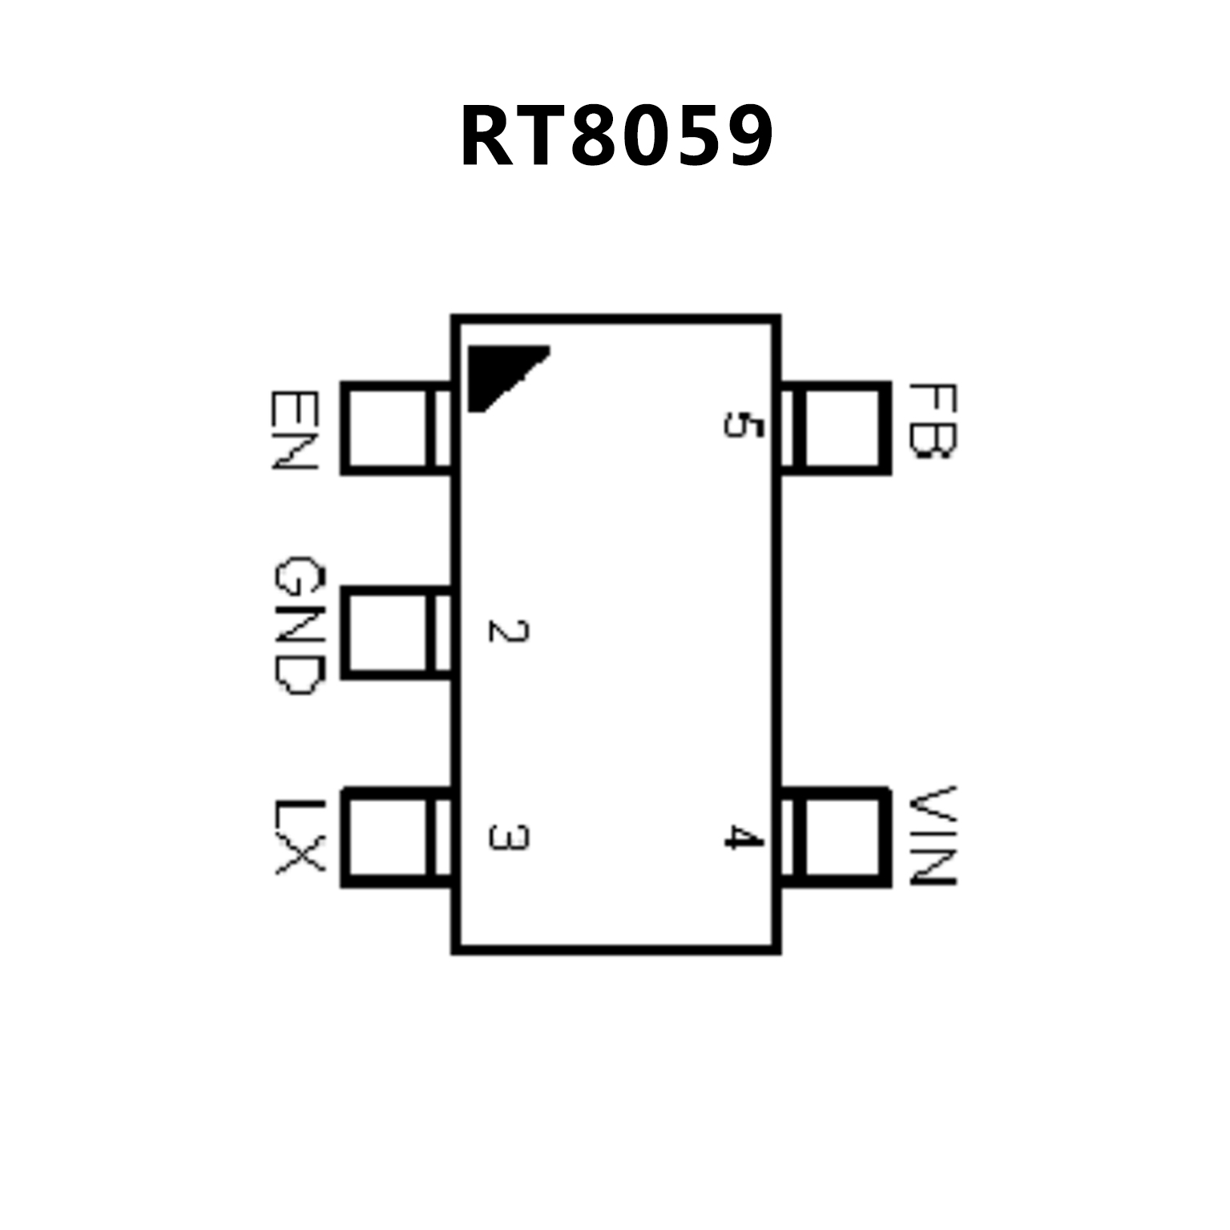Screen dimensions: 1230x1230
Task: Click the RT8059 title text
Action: pos(615,136)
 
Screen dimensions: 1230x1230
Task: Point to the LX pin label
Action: pos(298,837)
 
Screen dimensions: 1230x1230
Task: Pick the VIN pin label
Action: pos(934,836)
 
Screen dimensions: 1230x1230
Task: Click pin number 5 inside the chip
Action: pos(742,424)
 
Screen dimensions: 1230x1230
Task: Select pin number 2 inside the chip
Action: pos(508,631)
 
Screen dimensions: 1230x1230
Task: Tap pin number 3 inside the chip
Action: pos(508,837)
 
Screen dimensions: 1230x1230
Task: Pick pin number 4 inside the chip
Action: pos(742,838)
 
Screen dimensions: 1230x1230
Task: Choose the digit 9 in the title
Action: pos(746,137)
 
